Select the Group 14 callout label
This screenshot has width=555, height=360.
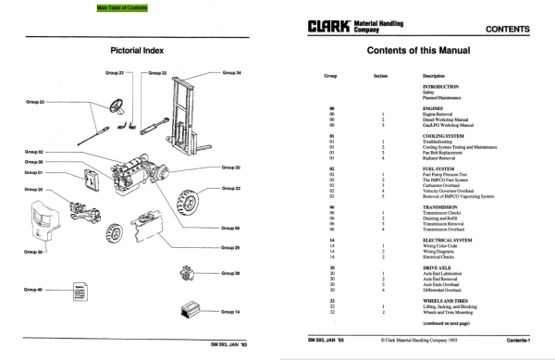coord(231,311)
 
